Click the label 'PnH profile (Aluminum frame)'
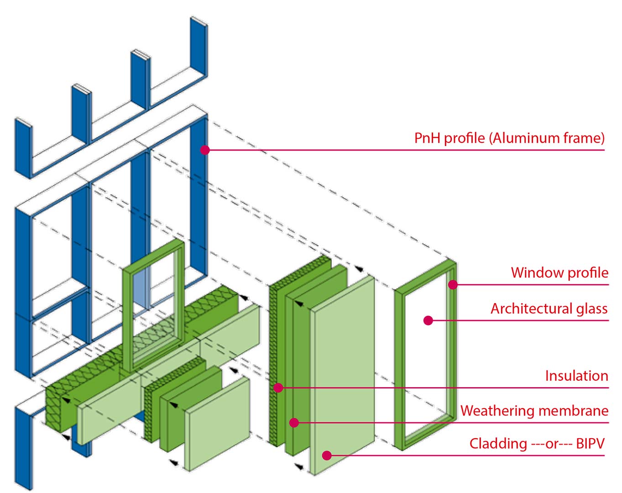(509, 138)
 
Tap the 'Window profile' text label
(559, 273)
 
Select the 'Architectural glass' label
(549, 309)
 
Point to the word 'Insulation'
(577, 376)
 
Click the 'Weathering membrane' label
(534, 411)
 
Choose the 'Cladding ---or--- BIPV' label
(537, 444)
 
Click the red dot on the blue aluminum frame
(204, 150)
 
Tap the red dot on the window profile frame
(453, 284)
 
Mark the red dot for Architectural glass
(428, 320)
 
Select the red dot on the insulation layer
(278, 388)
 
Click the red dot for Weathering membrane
(294, 423)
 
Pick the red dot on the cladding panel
(327, 456)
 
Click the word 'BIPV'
(590, 444)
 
